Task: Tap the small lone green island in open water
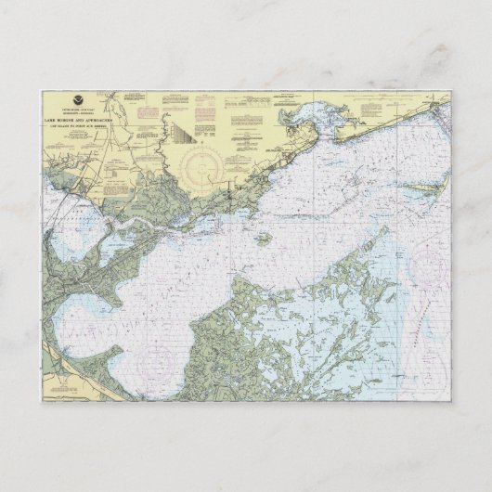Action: (x=265, y=239)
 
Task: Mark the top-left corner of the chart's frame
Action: (x=42, y=90)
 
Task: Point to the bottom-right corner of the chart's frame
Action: (x=452, y=401)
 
